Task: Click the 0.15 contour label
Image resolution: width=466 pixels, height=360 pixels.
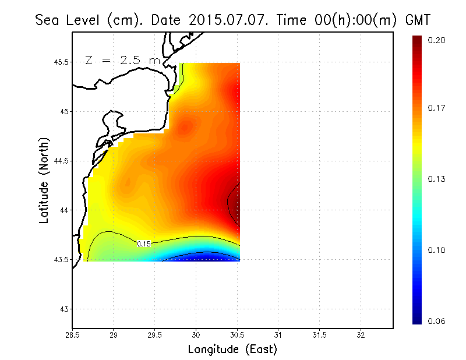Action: tap(144, 243)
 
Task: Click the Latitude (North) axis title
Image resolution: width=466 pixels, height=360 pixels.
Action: tap(44, 181)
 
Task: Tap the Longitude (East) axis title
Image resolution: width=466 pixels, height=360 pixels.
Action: tap(232, 350)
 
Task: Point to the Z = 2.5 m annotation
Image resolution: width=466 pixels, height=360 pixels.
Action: tap(122, 60)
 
